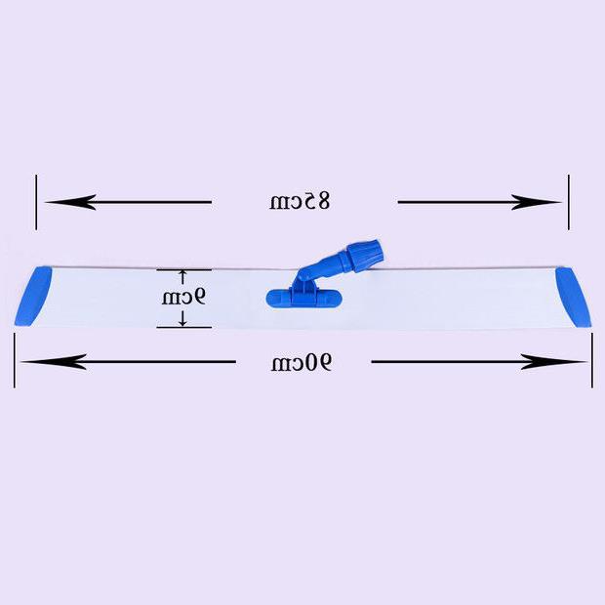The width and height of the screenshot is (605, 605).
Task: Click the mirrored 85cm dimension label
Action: tap(301, 202)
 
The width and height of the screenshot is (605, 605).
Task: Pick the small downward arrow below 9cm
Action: tap(182, 318)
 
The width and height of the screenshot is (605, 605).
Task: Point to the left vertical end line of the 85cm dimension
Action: tap(37, 202)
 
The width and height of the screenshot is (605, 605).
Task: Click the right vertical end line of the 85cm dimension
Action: tap(567, 202)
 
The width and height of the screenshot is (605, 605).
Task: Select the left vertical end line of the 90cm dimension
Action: tap(15, 360)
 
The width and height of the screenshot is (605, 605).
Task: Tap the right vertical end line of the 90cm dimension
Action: tap(591, 360)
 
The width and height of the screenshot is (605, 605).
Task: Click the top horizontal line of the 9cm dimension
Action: tap(183, 269)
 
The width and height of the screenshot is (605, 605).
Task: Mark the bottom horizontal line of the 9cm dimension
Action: tap(183, 327)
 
